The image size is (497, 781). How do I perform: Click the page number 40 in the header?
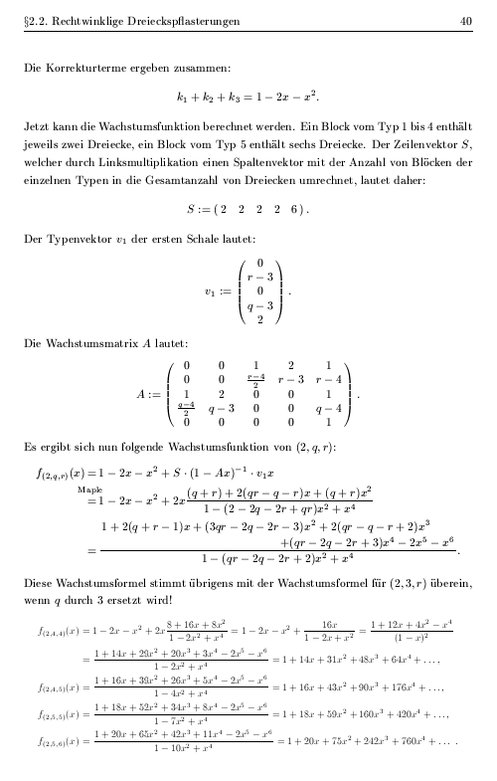click(x=465, y=21)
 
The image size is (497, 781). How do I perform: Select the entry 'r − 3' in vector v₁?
click(x=260, y=278)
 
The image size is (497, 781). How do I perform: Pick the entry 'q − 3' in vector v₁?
click(x=260, y=306)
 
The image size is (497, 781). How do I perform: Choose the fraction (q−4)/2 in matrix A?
click(x=186, y=407)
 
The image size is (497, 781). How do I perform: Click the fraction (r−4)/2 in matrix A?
click(x=255, y=378)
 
